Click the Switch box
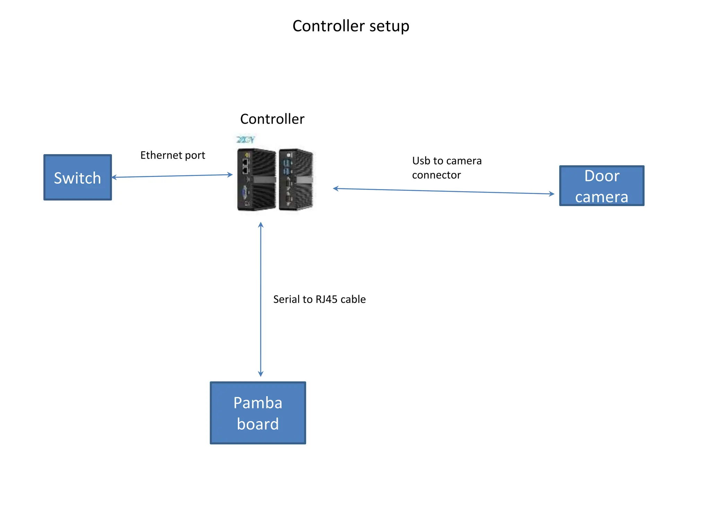[x=77, y=177]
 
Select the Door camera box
[x=601, y=186]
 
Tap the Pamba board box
[x=258, y=413]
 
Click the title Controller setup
[x=351, y=26]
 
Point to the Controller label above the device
[x=272, y=119]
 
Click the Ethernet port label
[x=173, y=155]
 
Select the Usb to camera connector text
[x=447, y=168]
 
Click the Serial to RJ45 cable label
[x=319, y=299]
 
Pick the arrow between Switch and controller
[x=172, y=176]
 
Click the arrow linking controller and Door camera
[x=444, y=191]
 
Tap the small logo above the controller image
[x=245, y=140]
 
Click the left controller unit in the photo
[x=256, y=179]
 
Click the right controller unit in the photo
[x=296, y=179]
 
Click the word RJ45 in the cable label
[x=326, y=299]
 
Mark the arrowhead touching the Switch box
[x=114, y=177]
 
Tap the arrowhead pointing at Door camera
[x=552, y=194]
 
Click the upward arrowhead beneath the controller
[x=261, y=225]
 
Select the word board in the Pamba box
[x=258, y=424]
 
